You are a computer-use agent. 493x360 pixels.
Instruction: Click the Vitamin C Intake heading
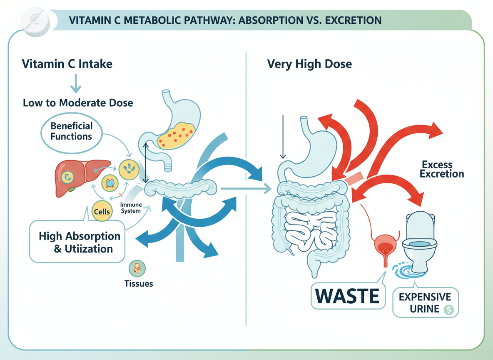pos(67,65)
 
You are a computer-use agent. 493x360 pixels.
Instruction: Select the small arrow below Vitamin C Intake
pos(75,84)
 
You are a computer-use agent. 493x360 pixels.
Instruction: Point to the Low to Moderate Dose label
pos(78,102)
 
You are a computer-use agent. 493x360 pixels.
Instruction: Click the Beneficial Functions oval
pos(71,131)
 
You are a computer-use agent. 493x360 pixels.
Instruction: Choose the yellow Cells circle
pos(102,211)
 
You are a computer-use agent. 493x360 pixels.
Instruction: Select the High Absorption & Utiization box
pos(79,242)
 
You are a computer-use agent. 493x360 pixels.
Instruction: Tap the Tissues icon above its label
pos(138,268)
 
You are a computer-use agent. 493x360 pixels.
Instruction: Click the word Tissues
pos(139,284)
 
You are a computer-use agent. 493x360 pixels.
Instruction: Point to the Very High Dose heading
pos(309,64)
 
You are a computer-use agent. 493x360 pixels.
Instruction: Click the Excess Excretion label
pos(442,169)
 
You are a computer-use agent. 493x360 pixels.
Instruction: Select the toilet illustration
pos(419,235)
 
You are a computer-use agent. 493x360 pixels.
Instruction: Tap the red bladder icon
pos(385,247)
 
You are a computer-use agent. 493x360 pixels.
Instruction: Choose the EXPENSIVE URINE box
pos(425,303)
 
